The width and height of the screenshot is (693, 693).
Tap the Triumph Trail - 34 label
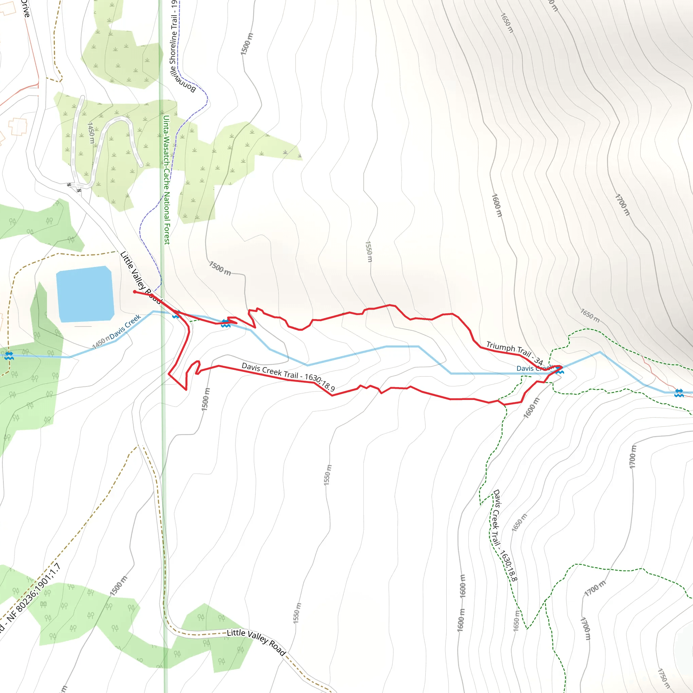514,353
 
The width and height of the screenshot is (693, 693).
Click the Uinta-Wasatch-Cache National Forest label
166,179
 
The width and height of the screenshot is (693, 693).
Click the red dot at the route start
135,292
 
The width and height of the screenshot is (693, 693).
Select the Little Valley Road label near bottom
256,642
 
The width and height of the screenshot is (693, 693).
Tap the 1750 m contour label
664,678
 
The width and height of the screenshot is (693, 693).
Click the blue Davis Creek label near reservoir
125,327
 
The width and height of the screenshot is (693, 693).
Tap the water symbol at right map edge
679,393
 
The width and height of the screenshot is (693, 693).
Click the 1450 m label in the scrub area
91,133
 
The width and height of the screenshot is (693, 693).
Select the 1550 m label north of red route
369,251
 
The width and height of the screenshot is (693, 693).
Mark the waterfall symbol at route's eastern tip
560,372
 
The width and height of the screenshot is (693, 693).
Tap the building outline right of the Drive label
8,8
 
